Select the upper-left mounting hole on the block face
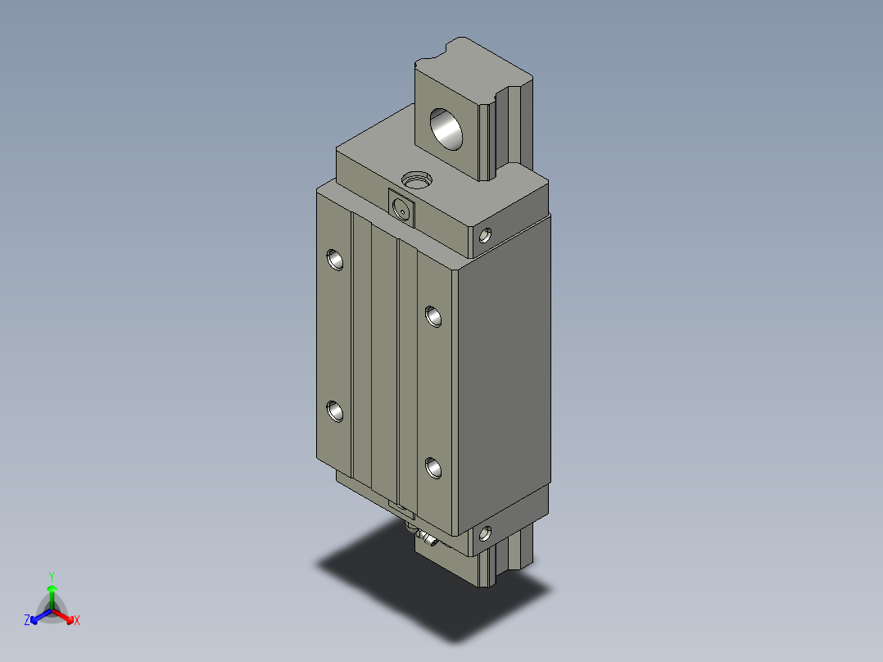[335, 260]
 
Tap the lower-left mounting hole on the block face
[335, 411]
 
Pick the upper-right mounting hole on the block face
[433, 315]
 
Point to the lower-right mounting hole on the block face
[433, 468]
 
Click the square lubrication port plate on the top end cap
[401, 208]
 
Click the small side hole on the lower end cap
[487, 533]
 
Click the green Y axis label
[51, 576]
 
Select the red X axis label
[77, 621]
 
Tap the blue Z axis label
[27, 621]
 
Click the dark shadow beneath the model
[393, 574]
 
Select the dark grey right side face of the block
[501, 369]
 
